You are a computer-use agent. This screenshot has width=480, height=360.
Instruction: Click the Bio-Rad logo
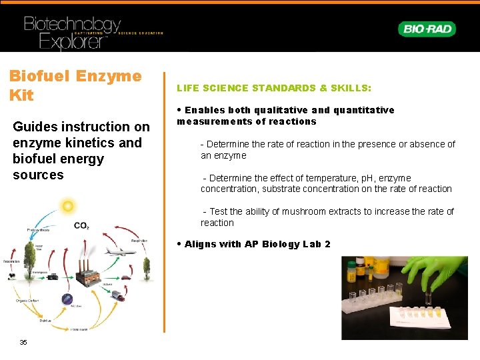click(427, 29)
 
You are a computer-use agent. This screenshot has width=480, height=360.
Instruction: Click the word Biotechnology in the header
click(72, 25)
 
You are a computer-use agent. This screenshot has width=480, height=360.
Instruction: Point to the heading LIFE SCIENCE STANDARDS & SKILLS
click(274, 88)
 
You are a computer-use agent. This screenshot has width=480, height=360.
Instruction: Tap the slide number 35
click(23, 342)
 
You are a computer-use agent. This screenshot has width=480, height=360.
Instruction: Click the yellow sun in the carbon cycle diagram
click(67, 207)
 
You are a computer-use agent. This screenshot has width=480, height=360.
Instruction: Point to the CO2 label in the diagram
click(81, 226)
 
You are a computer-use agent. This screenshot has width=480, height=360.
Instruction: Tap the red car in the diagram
click(125, 277)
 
